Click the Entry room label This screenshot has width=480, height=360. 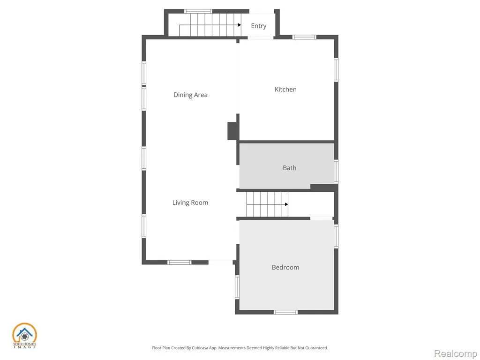259,26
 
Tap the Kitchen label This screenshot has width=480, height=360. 285,90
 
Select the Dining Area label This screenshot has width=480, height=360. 190,95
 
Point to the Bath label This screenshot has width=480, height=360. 289,168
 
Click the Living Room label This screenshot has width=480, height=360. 190,202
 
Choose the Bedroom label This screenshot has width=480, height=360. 285,267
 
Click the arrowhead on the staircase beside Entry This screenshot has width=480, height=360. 240,25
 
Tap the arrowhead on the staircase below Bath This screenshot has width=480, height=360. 286,204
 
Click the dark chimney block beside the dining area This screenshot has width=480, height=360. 232,131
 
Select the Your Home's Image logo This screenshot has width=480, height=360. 24,336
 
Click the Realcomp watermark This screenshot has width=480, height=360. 455,353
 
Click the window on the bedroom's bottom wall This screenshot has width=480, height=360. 285,312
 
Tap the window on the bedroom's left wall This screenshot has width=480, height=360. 237,287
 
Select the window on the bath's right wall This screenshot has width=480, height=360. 336,172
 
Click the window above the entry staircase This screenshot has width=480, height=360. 198,11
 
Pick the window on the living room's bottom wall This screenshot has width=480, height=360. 179,262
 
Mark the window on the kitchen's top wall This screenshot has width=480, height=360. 304,37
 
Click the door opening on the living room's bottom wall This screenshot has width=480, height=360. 220,262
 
